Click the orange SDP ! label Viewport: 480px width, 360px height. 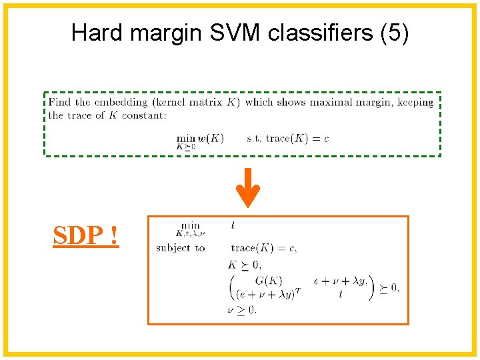86,235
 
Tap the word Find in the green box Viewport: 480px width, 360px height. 59,103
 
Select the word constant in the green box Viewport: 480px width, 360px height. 143,115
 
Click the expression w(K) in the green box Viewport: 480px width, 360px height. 211,138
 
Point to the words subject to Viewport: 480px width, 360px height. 181,248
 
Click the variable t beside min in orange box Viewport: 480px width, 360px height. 233,227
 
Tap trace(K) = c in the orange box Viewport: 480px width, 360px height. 263,248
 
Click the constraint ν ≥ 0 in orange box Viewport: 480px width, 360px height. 242,309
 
